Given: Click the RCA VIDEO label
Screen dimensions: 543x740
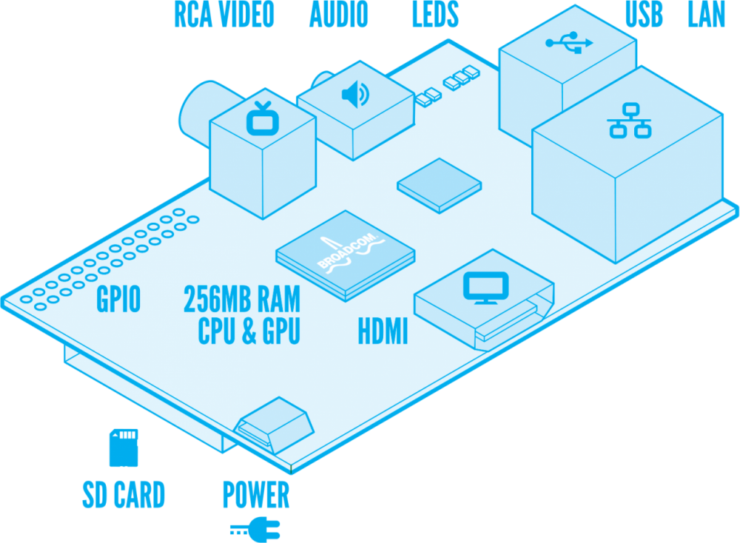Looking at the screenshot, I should point(223,16).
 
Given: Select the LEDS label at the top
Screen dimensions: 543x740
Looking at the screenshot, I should point(435,16).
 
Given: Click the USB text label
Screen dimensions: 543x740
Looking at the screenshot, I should point(644,16).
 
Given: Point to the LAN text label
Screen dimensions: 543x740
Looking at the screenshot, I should point(707,16).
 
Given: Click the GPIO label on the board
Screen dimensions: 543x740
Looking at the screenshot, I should point(118,300).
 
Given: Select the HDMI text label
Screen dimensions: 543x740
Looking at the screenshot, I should point(383,332).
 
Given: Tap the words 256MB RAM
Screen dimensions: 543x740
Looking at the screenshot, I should point(242,300).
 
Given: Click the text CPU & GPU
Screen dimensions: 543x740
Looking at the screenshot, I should point(249,332).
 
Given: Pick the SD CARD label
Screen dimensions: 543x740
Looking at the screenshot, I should point(123,495).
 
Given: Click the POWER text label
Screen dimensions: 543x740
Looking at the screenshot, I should point(256,495).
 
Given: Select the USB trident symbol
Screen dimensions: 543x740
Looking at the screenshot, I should point(569,42).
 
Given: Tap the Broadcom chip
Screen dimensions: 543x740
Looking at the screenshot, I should point(345,255).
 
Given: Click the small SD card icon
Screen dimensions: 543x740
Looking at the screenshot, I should point(123,448).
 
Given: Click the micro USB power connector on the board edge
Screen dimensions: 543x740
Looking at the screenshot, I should point(272,427).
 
